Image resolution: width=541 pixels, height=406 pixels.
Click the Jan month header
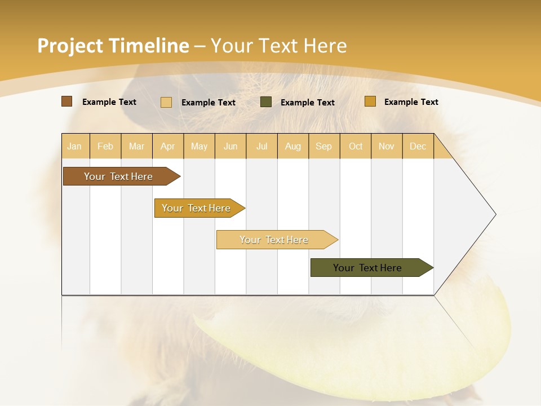click(x=74, y=146)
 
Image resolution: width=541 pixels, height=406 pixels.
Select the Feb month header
click(x=105, y=146)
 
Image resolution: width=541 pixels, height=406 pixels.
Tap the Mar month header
click(x=136, y=146)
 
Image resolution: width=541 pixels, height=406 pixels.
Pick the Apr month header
click(x=168, y=146)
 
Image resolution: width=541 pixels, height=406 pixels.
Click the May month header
click(x=199, y=146)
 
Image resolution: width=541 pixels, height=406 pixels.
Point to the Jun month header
click(x=230, y=146)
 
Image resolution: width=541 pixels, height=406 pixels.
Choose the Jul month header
click(x=261, y=146)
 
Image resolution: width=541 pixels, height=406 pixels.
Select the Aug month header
click(x=293, y=146)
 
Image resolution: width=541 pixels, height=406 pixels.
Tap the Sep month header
click(x=324, y=146)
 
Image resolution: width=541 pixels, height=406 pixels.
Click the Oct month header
click(x=356, y=146)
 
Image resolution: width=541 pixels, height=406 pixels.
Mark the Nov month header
click(x=387, y=146)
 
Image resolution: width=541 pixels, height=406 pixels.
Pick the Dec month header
click(x=418, y=146)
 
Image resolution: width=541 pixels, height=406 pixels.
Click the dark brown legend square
click(x=66, y=101)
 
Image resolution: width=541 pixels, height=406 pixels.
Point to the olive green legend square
click(x=266, y=102)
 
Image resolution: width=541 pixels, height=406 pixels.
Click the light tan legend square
click(x=166, y=102)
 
